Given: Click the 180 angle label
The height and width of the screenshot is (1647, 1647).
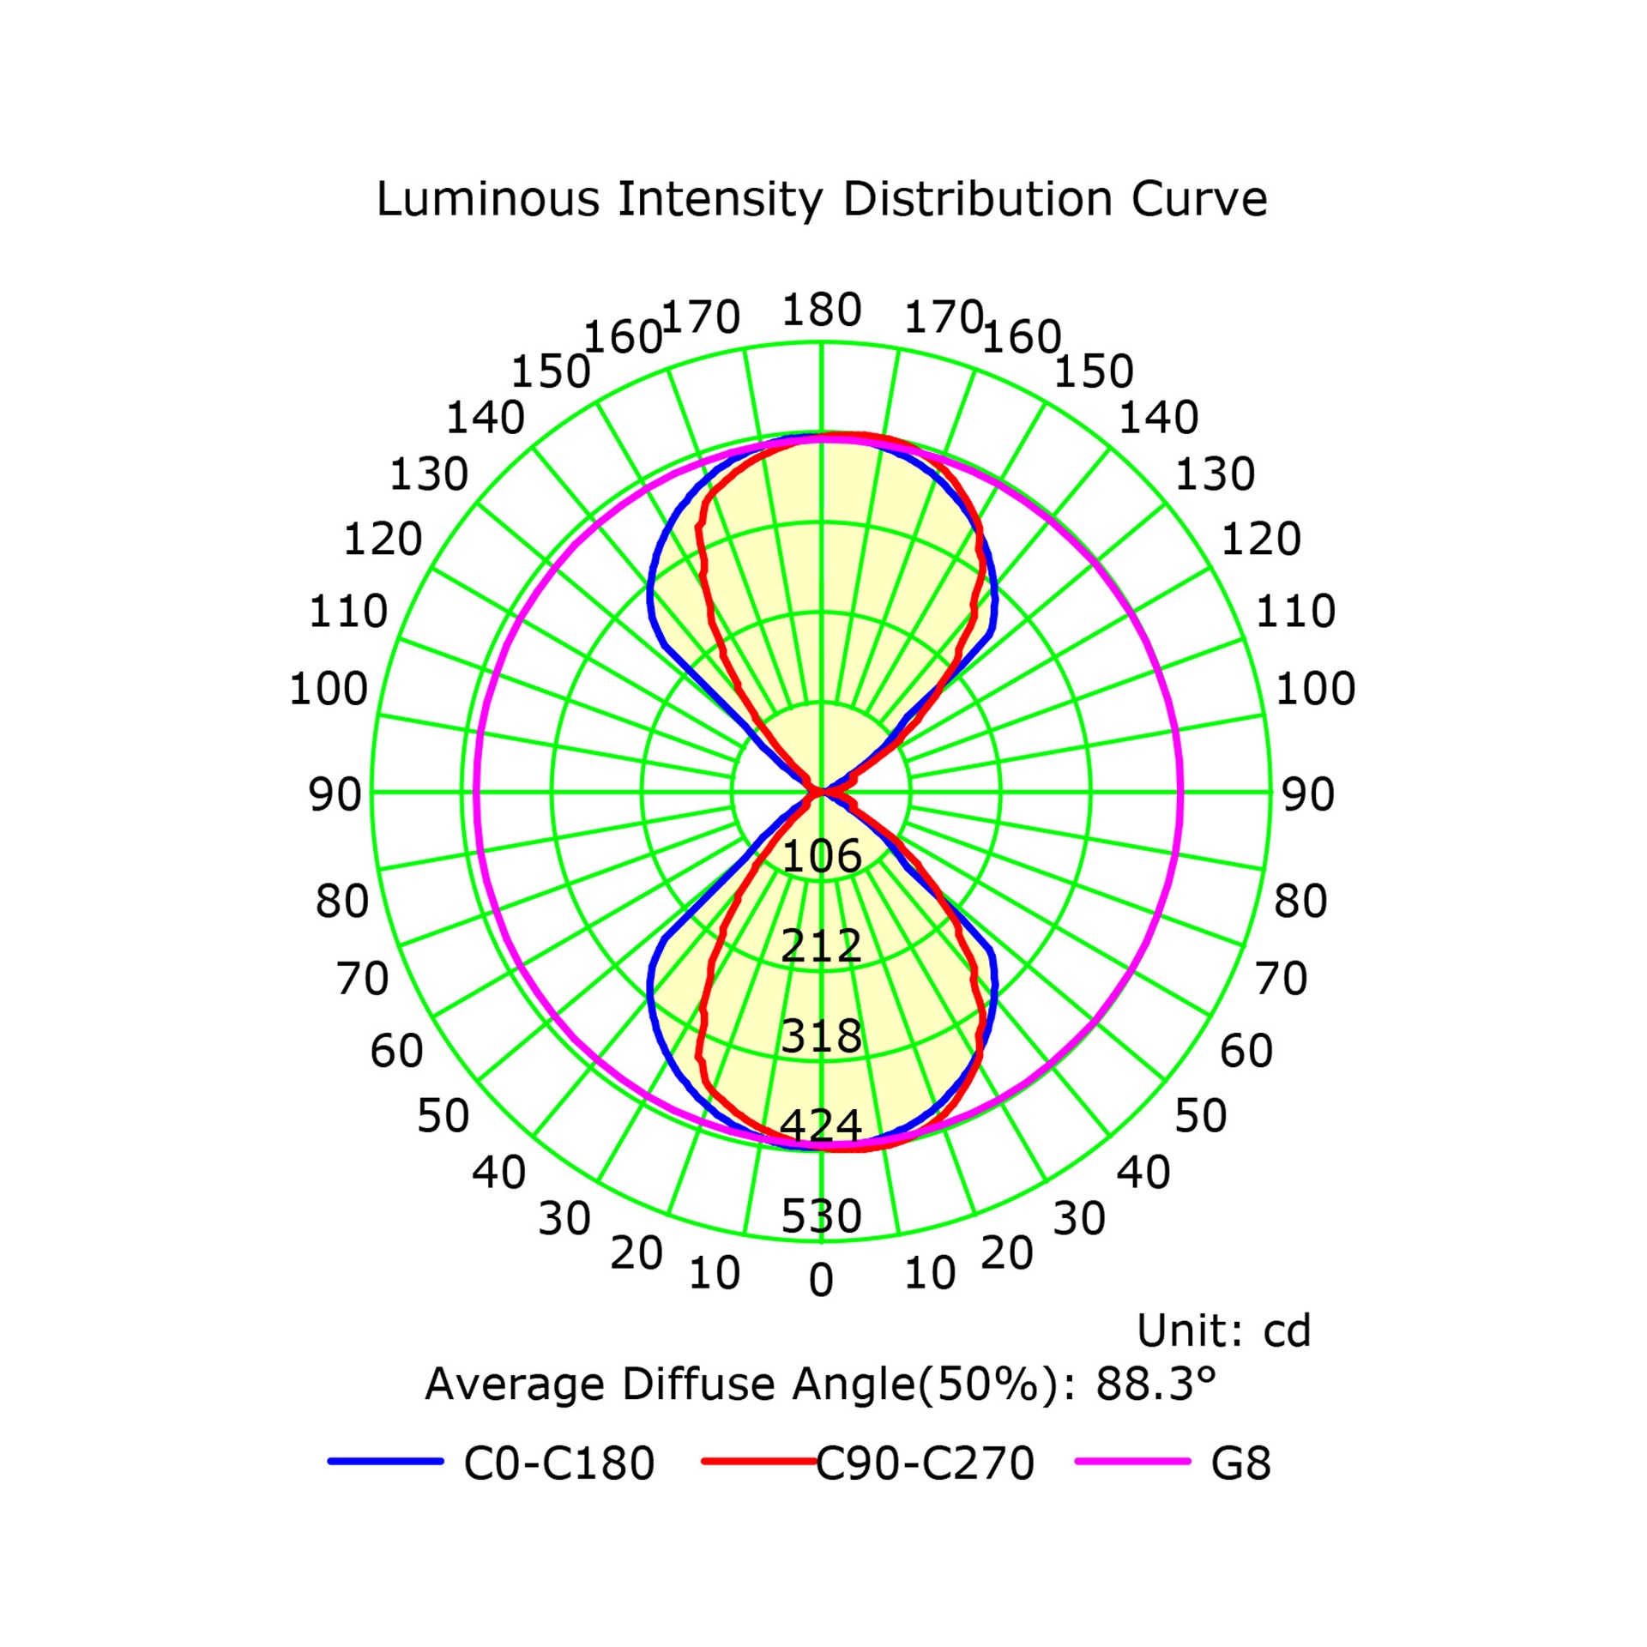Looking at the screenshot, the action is click(821, 310).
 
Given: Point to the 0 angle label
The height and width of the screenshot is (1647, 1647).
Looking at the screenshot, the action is click(821, 1280).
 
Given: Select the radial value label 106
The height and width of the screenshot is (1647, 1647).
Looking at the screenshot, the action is click(822, 856).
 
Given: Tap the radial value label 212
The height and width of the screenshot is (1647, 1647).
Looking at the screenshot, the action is click(822, 945).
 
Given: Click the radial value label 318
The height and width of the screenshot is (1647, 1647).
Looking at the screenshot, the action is click(822, 1035).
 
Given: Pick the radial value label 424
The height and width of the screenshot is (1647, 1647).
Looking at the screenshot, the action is click(821, 1125).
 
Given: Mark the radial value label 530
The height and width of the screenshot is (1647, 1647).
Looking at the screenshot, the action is click(821, 1216).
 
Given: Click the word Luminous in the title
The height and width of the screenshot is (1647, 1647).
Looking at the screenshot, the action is click(488, 199).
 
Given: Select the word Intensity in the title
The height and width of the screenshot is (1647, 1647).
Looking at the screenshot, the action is click(721, 201).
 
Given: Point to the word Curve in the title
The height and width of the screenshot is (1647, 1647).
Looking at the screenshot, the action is click(1198, 199).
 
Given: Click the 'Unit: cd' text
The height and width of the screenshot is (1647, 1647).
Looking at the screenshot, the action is click(1223, 1330).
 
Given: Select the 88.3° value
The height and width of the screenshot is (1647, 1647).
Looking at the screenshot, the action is click(1156, 1384).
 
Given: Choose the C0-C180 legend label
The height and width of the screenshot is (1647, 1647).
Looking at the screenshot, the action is click(559, 1463).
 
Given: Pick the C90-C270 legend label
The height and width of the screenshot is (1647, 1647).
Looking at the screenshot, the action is click(925, 1463).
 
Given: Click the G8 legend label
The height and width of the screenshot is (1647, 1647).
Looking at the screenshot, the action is click(1240, 1463).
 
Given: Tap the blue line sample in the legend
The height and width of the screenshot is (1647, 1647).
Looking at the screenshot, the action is click(386, 1461).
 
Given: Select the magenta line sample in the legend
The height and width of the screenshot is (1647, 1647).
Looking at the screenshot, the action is click(1133, 1461).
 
